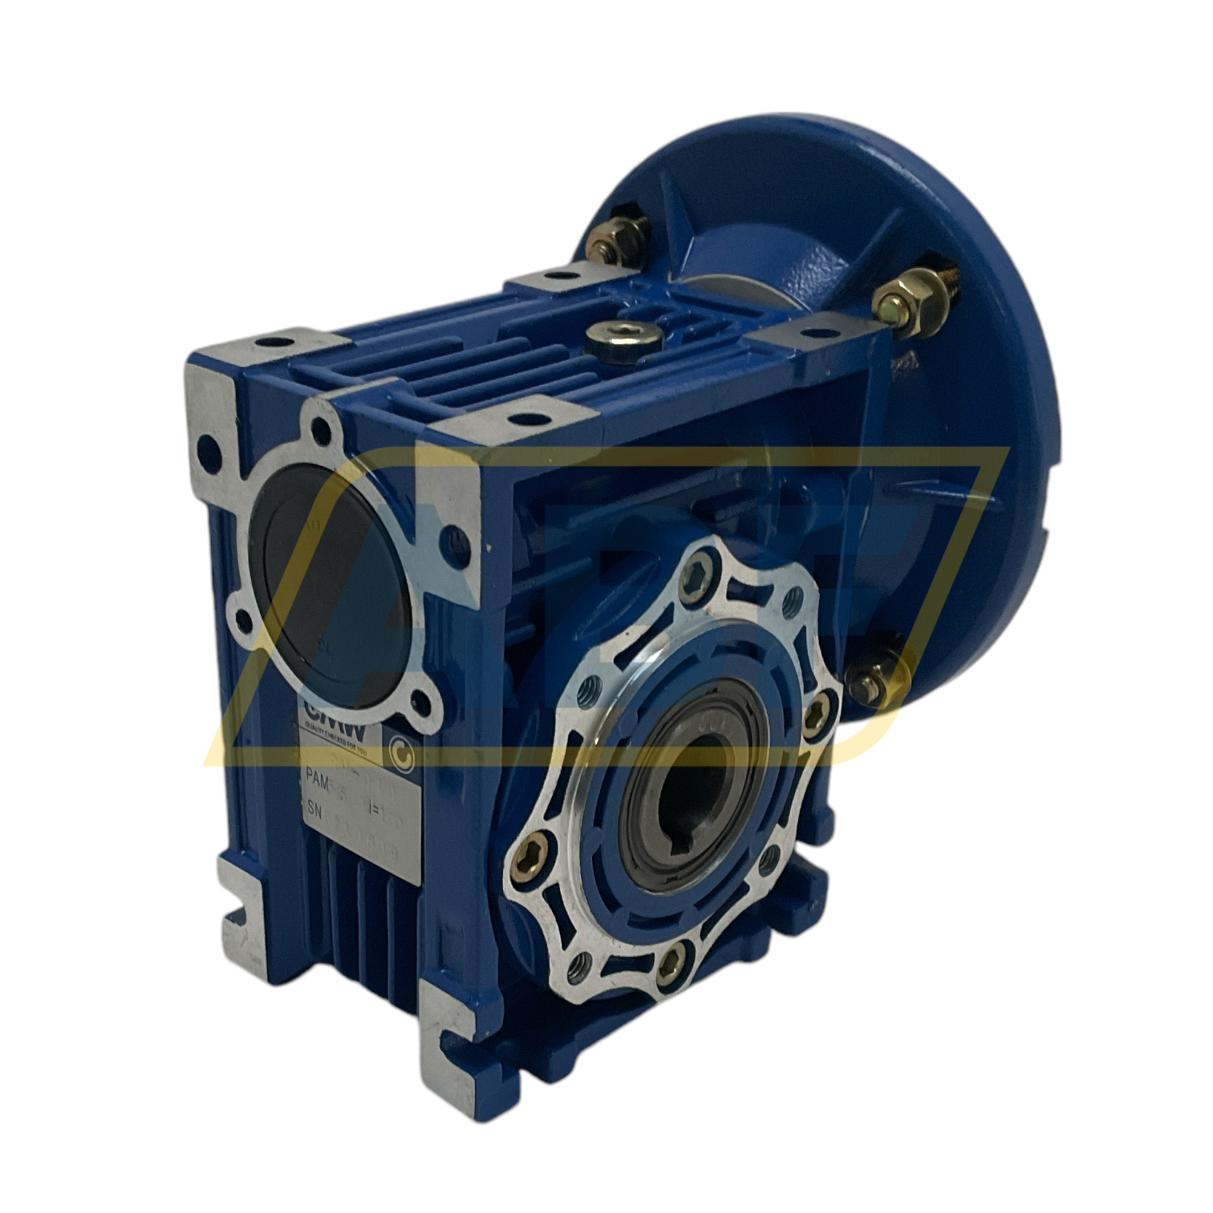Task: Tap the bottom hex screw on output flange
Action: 675,955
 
